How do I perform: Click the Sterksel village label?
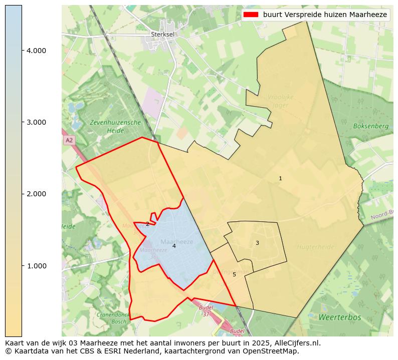[161, 35]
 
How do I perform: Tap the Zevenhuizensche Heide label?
[115, 126]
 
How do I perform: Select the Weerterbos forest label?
[340, 317]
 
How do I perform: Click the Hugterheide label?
[315, 247]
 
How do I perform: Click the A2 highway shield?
[69, 140]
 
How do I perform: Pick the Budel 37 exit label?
[206, 311]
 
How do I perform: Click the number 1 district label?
[280, 179]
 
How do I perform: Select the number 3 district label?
[257, 243]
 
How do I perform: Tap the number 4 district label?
[174, 246]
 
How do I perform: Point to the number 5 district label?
[234, 274]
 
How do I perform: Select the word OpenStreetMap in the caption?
[274, 351]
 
